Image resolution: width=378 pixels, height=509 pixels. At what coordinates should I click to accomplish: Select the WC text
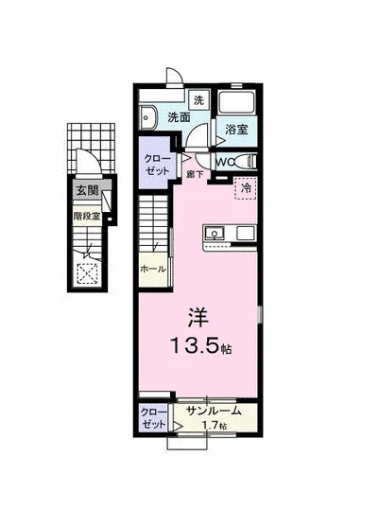[221, 162]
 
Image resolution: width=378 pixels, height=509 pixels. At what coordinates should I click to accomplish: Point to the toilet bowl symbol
[248, 162]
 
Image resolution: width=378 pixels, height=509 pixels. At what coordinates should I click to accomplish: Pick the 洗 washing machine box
[198, 99]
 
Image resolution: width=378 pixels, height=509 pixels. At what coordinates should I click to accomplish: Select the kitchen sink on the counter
[214, 233]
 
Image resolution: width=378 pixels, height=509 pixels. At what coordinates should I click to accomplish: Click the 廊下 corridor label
[195, 174]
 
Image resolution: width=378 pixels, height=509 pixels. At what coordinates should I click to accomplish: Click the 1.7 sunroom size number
[213, 426]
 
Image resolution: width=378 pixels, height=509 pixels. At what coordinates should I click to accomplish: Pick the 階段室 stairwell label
[87, 216]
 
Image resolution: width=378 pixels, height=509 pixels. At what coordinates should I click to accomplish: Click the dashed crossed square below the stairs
[91, 272]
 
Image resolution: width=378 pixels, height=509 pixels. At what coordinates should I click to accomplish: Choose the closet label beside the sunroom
[153, 418]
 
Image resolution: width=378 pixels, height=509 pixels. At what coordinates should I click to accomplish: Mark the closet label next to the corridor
[157, 164]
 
